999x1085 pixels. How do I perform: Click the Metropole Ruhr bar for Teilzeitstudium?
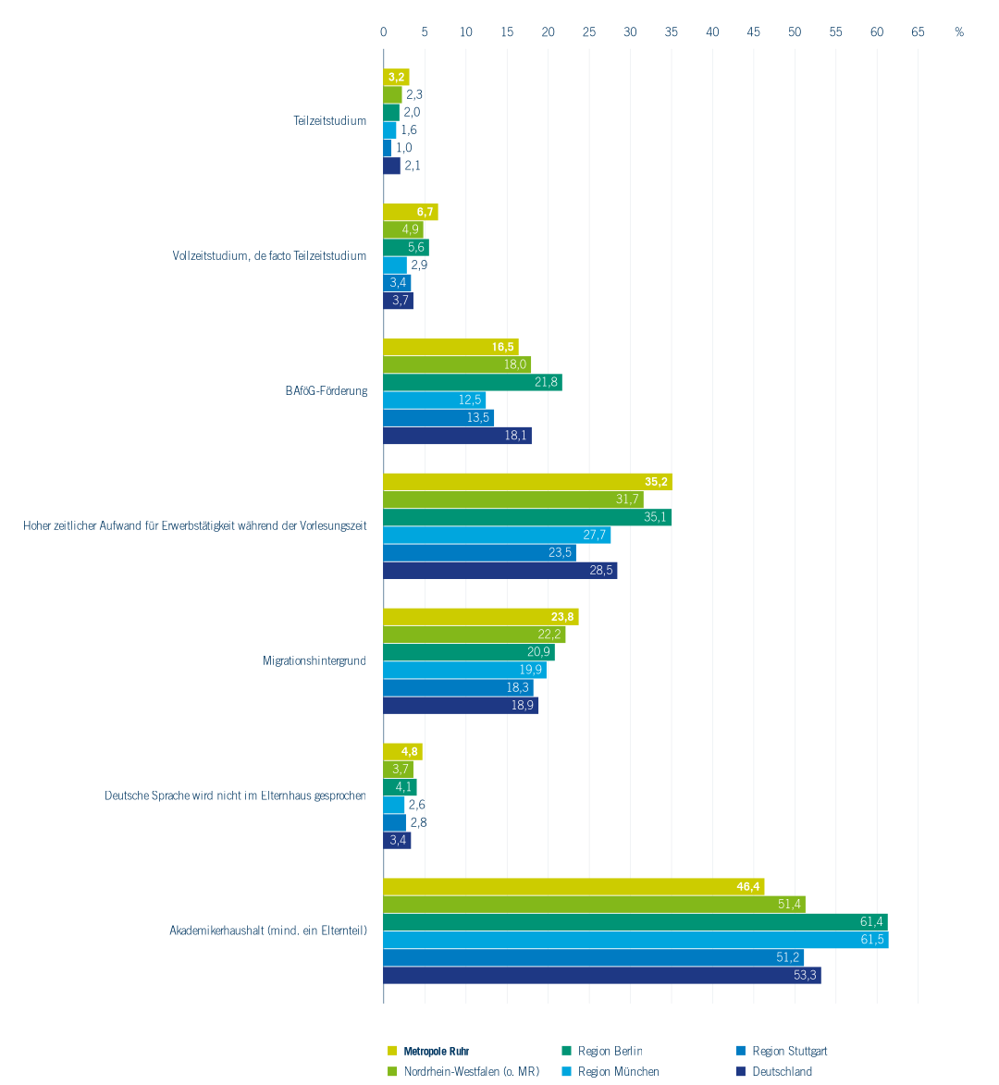[x=396, y=77]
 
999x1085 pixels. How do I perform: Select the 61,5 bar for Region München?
[x=635, y=940]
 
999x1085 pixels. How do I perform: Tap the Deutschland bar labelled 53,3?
[x=601, y=976]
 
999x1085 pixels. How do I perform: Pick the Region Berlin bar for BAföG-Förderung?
[x=473, y=382]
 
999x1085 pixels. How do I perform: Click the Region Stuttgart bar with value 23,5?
[x=479, y=553]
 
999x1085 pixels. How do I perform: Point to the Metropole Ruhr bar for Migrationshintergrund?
[x=481, y=617]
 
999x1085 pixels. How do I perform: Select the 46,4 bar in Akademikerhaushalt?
[x=573, y=887]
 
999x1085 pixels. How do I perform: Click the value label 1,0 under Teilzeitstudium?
[x=404, y=148]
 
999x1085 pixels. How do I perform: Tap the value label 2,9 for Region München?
[x=419, y=265]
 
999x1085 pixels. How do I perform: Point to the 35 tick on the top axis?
[x=672, y=32]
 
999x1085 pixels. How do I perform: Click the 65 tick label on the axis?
[x=918, y=32]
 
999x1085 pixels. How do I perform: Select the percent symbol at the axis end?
[x=959, y=32]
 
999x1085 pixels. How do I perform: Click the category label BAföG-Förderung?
[x=327, y=391]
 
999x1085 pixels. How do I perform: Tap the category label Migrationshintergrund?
[x=314, y=661]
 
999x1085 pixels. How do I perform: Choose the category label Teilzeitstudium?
[x=330, y=121]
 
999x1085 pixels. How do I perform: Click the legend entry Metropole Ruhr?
[x=436, y=1052]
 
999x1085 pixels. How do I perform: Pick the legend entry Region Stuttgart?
[x=789, y=1052]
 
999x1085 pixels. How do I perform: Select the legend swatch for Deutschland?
[x=741, y=1072]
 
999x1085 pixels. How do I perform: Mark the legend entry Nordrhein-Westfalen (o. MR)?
[x=471, y=1072]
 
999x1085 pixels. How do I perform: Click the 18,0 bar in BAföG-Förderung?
[x=457, y=364]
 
